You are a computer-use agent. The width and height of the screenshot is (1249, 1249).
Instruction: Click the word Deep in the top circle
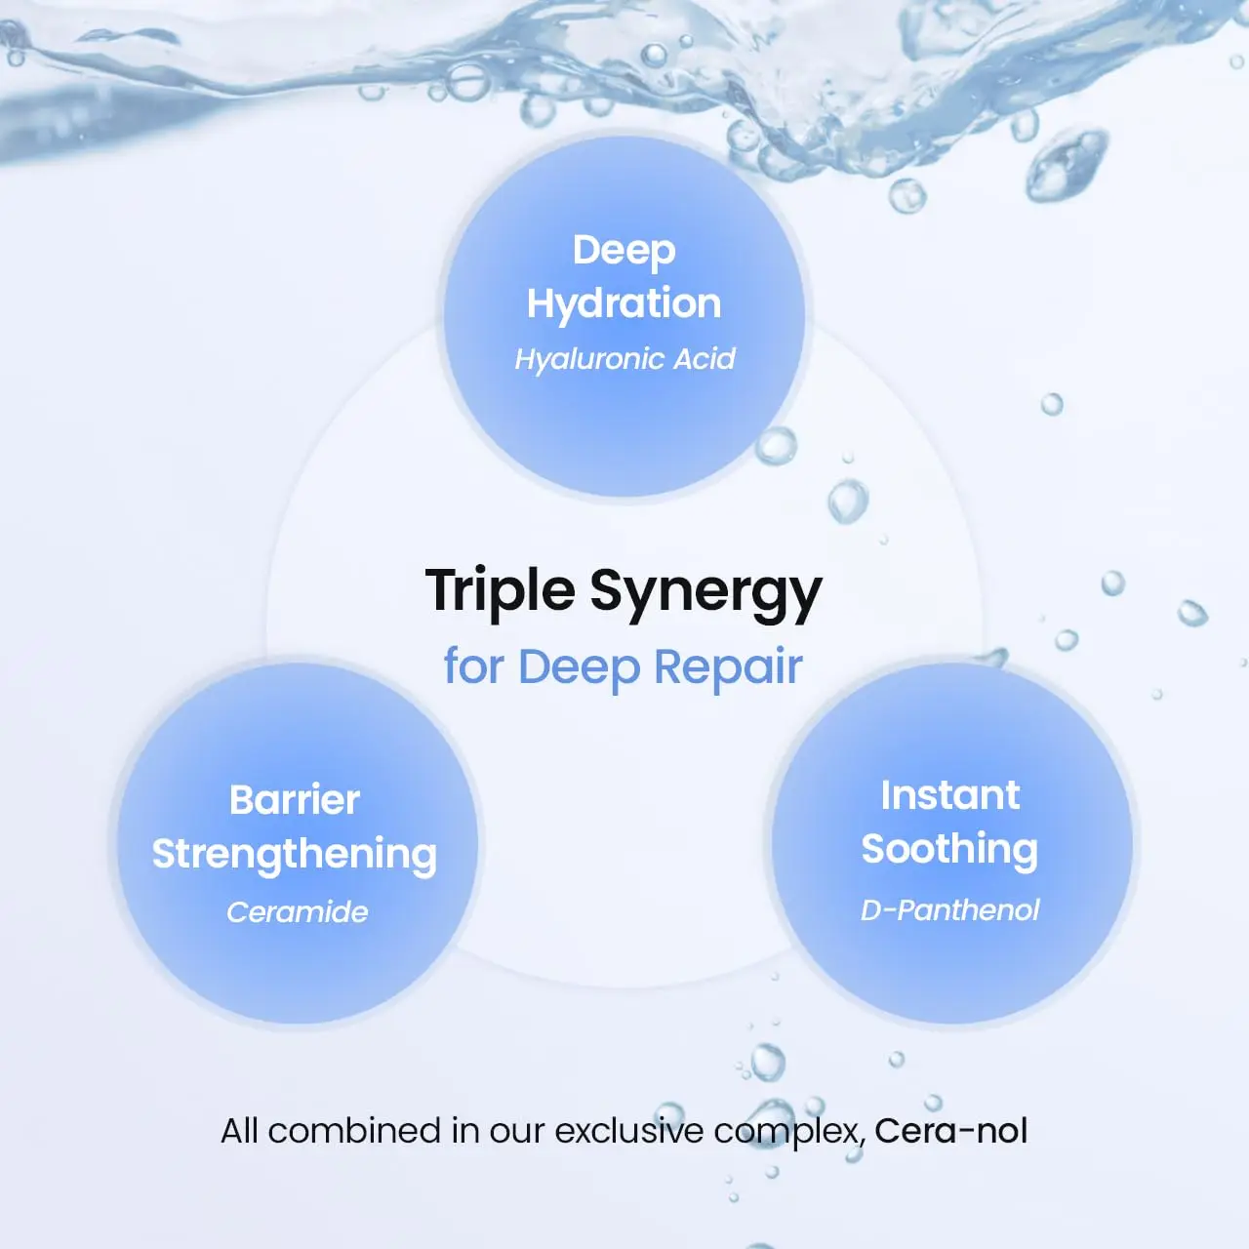624,251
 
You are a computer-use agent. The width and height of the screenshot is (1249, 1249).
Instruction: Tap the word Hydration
624,303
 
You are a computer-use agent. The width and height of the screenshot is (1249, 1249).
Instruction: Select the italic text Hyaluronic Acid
624,359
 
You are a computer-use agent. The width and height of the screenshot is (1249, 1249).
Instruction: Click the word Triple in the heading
500,591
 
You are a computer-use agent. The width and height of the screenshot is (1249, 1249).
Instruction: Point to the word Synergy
705,593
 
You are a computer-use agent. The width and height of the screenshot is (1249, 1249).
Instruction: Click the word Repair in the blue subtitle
728,667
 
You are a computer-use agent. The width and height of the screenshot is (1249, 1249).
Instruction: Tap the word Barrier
295,800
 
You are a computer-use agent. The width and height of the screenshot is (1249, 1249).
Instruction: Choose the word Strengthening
295,855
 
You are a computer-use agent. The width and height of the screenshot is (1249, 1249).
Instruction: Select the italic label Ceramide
298,912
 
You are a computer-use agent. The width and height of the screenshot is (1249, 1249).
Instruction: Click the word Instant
949,795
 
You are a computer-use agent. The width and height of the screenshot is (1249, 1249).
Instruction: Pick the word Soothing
949,850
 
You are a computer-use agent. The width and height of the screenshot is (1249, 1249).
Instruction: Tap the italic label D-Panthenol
949,910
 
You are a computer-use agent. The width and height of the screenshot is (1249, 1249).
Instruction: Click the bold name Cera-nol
950,1131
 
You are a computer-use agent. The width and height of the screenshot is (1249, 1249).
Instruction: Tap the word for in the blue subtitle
473,667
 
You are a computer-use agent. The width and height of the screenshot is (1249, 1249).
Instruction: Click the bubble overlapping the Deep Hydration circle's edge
777,446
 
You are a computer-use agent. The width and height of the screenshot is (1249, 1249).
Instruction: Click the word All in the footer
239,1131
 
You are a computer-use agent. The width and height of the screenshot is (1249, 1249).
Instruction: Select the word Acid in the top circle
705,359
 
